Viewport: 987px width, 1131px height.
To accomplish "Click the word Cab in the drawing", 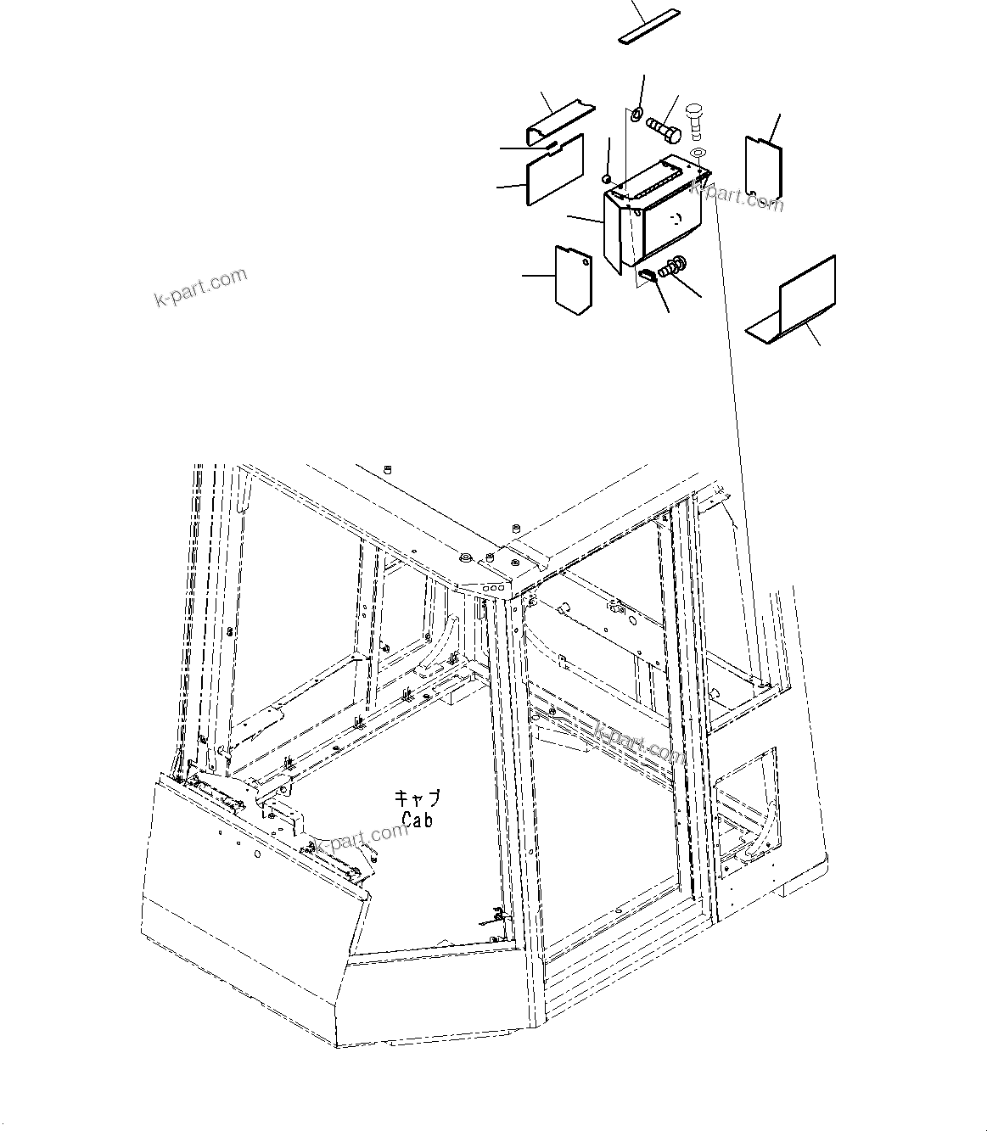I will (418, 820).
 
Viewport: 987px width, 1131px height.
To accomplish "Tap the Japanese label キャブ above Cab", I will (417, 799).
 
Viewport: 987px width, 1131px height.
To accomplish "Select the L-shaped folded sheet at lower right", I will (798, 300).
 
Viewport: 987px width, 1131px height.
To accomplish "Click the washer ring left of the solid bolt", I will (636, 114).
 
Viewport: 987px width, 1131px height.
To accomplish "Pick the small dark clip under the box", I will (649, 274).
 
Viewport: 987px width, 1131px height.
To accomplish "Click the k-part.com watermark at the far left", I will (200, 288).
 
